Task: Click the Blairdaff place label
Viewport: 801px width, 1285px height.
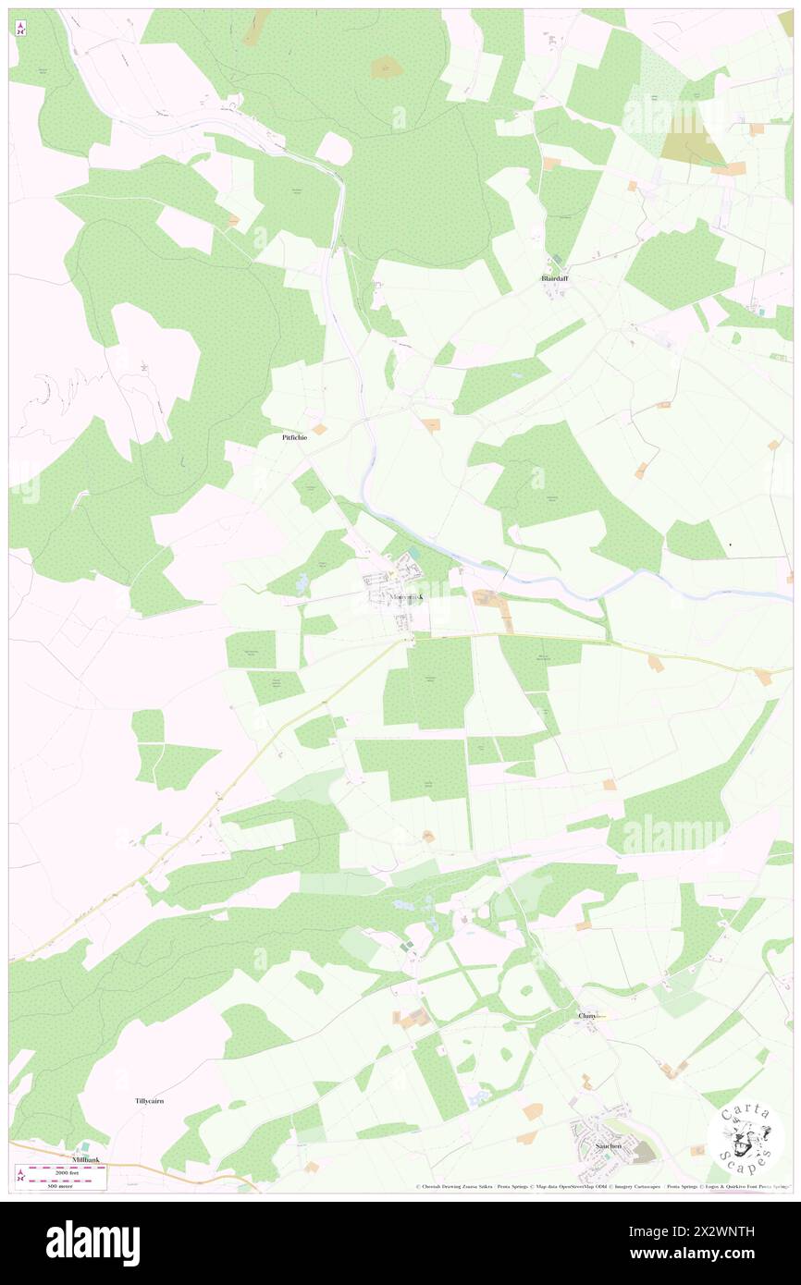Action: pyautogui.click(x=555, y=277)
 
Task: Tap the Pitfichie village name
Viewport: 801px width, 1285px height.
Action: pyautogui.click(x=294, y=438)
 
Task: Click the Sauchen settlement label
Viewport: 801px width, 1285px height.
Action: pyautogui.click(x=609, y=1145)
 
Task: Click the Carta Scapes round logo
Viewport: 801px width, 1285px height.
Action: pyautogui.click(x=746, y=1138)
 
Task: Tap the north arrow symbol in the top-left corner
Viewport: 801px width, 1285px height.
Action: pyautogui.click(x=20, y=27)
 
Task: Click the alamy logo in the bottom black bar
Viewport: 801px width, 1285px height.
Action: pyautogui.click(x=92, y=1243)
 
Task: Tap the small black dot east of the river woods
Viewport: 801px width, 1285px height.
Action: pyautogui.click(x=731, y=545)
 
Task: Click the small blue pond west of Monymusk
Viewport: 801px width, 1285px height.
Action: pyautogui.click(x=302, y=583)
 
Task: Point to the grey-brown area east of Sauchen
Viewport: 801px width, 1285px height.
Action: pyautogui.click(x=645, y=1152)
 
